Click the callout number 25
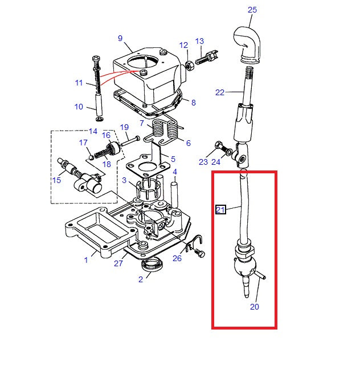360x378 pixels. pyautogui.click(x=252, y=10)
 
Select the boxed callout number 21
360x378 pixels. pyautogui.click(x=220, y=210)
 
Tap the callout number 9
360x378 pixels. pyautogui.click(x=120, y=38)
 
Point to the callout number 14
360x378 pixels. pyautogui.click(x=93, y=131)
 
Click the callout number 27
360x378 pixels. pyautogui.click(x=118, y=263)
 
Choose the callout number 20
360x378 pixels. pyautogui.click(x=254, y=307)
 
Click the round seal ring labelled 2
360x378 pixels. pyautogui.click(x=152, y=265)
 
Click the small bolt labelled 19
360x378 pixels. pyautogui.click(x=130, y=139)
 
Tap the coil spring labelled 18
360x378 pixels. pyautogui.click(x=103, y=154)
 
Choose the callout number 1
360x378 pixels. pyautogui.click(x=87, y=260)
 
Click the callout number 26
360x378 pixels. pyautogui.click(x=177, y=259)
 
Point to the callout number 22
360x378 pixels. pyautogui.click(x=220, y=92)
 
